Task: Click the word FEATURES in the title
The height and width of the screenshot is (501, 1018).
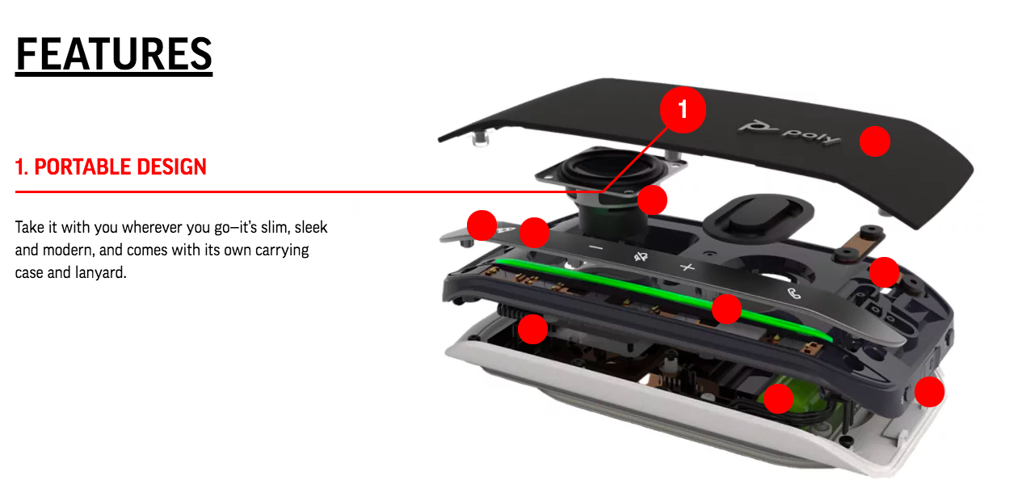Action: [x=114, y=54]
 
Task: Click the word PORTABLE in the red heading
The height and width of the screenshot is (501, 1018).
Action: [x=82, y=166]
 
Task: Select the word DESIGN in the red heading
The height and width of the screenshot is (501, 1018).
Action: [x=171, y=166]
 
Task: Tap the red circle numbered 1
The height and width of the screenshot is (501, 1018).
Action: [x=683, y=110]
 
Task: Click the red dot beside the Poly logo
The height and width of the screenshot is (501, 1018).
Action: [x=875, y=141]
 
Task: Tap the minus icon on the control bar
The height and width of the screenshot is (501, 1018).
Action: [x=595, y=248]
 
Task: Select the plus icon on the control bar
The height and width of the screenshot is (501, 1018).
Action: [x=687, y=267]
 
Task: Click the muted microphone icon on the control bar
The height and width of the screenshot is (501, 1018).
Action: [x=641, y=257]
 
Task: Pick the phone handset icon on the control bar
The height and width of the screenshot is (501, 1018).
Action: [x=793, y=293]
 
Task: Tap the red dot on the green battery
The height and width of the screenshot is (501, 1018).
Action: [x=778, y=398]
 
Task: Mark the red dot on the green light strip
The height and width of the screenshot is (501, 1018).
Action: [x=726, y=309]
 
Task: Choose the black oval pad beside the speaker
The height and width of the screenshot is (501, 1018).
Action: [x=758, y=216]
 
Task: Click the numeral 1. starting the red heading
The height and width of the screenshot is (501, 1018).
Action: [x=22, y=166]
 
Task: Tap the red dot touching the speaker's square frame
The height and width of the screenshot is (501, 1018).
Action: [x=652, y=200]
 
